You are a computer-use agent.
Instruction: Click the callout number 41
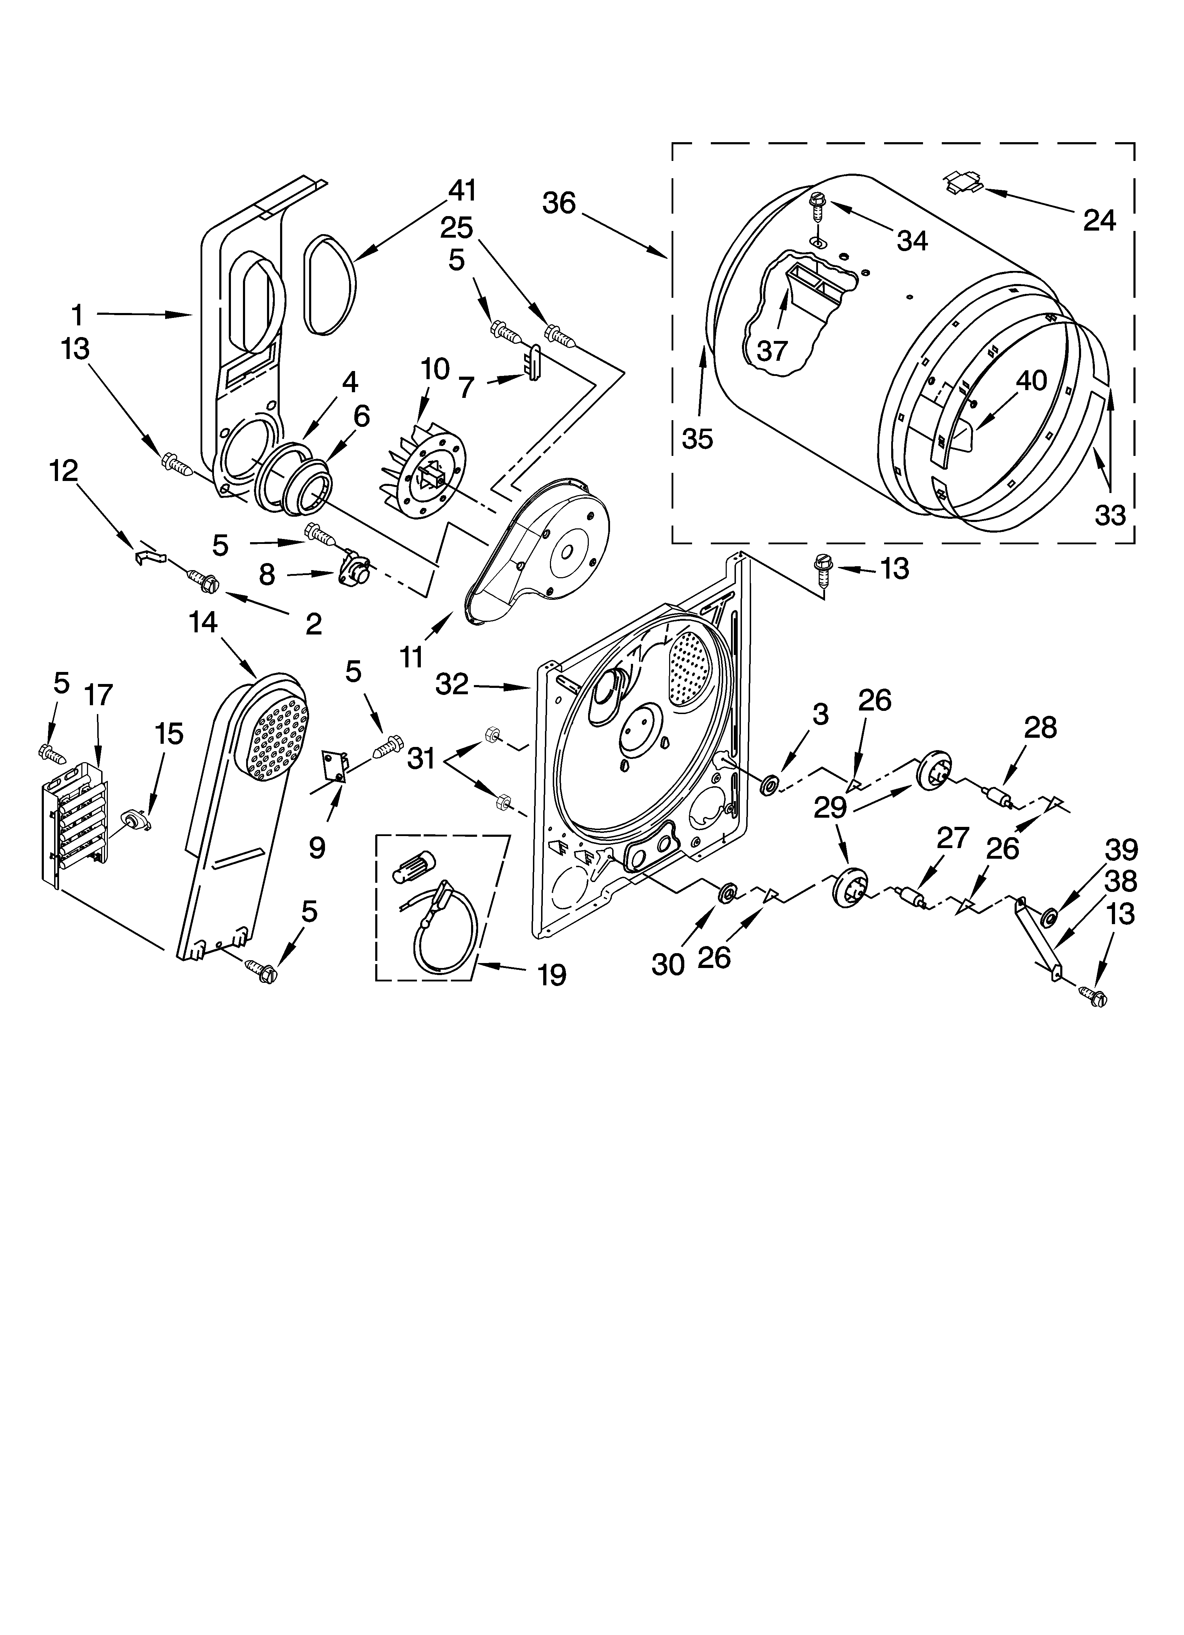click(x=462, y=191)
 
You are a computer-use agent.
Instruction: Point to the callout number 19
click(x=552, y=975)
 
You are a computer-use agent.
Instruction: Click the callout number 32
click(x=452, y=684)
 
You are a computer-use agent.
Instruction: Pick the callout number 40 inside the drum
click(x=1031, y=380)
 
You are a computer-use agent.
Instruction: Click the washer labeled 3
click(x=770, y=784)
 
